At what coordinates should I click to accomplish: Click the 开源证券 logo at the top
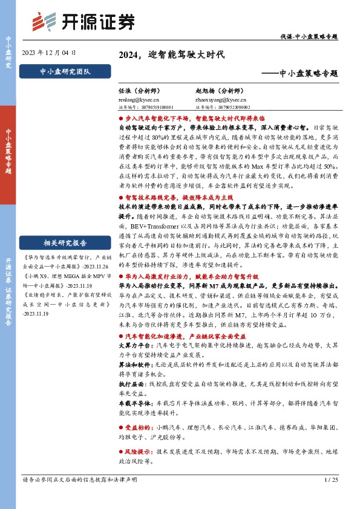point(82,21)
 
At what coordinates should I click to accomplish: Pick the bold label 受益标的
point(137,426)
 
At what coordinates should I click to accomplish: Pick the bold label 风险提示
point(137,451)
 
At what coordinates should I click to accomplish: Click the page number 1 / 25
point(330,479)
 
